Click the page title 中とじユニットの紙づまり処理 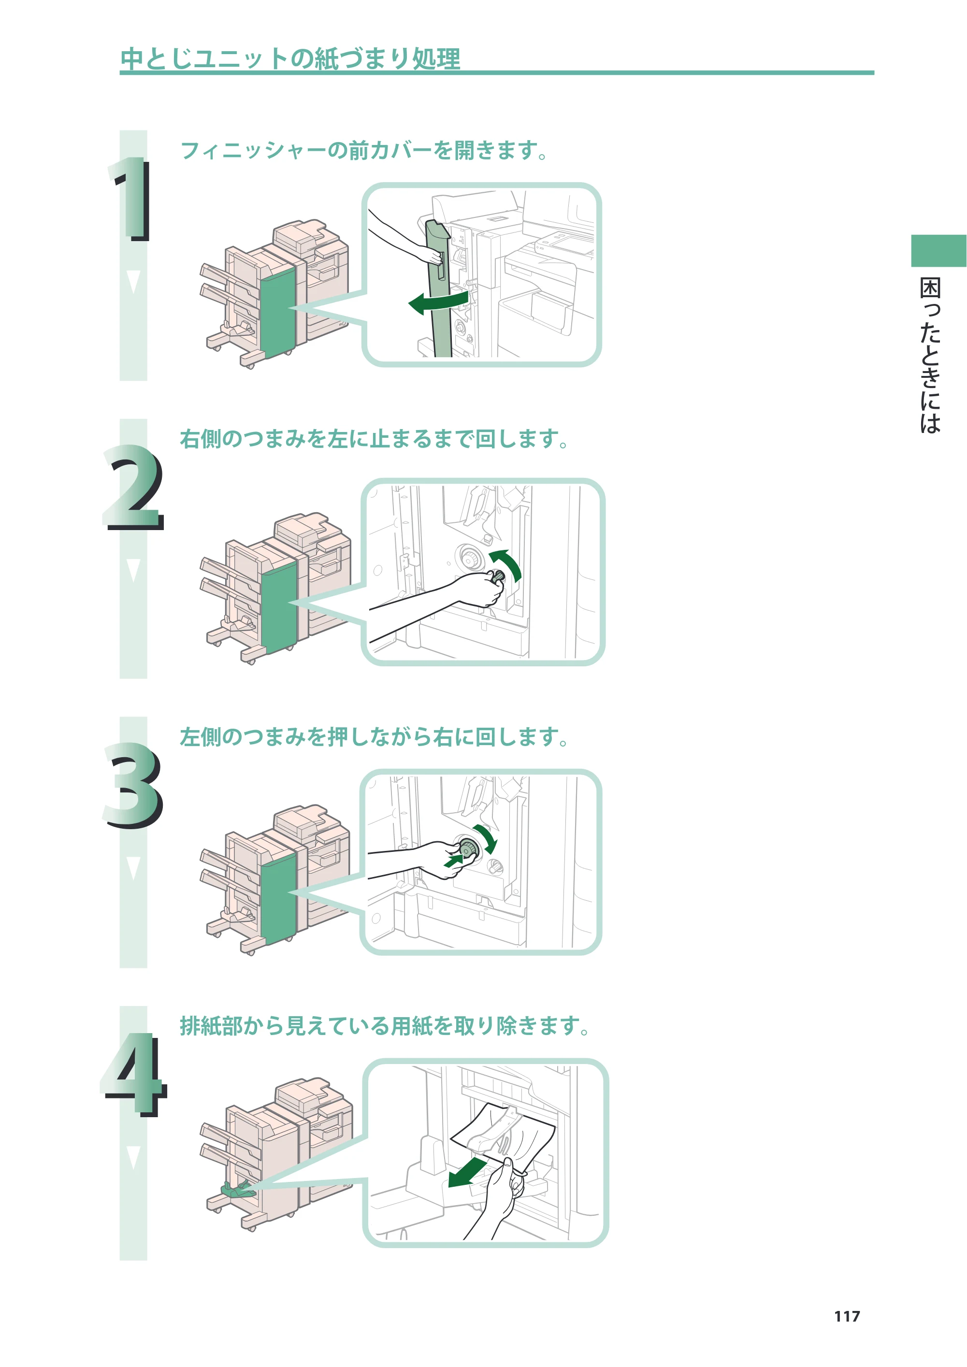[x=290, y=58]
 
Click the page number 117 [x=847, y=1316]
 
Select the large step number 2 [x=133, y=487]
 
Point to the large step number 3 [x=133, y=785]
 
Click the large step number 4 [x=134, y=1075]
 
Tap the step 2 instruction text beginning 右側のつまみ [x=375, y=439]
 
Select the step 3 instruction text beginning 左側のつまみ [x=375, y=737]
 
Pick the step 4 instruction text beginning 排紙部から [x=385, y=1026]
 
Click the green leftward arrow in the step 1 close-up [x=438, y=302]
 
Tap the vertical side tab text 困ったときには [x=930, y=356]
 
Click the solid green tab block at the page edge [x=939, y=251]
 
